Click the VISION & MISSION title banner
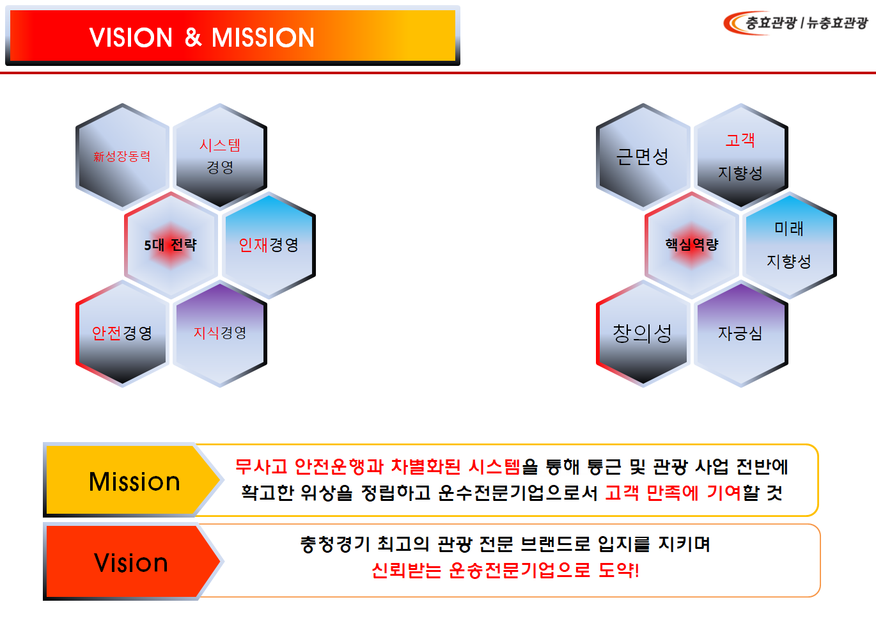coord(232,36)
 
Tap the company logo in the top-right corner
coord(795,23)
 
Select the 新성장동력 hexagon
coord(122,157)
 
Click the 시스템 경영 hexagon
coord(220,157)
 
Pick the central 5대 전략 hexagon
coord(171,245)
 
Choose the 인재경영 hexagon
coord(269,245)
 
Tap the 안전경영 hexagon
coord(122,333)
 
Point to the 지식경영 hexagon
coord(220,333)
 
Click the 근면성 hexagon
coord(643,157)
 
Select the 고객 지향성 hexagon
coord(740,157)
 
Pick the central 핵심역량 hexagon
coord(692,245)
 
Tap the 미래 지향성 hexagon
coord(789,245)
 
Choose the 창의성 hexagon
coord(643,333)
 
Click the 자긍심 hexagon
coord(740,333)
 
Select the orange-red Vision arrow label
coord(131,562)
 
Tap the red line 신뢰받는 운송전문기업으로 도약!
coord(505,570)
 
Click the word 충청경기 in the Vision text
coord(335,544)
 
